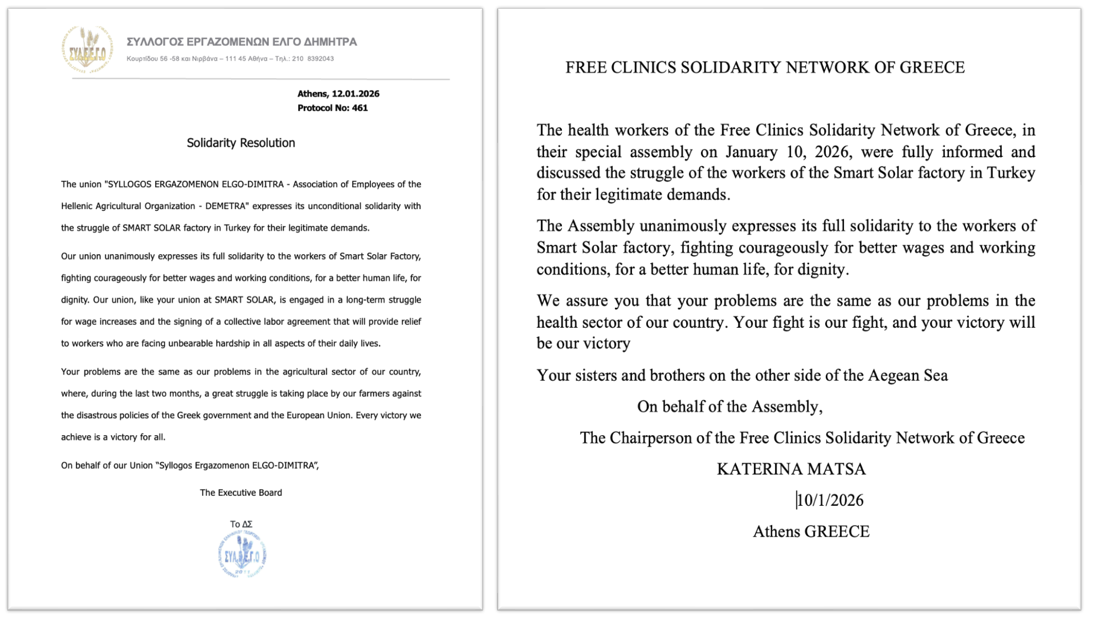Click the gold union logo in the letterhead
click(x=87, y=50)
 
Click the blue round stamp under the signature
click(x=242, y=554)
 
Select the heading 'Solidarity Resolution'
click(x=241, y=143)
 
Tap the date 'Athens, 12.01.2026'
click(x=338, y=94)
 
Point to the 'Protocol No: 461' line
click(x=332, y=108)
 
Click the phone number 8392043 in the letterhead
click(x=320, y=59)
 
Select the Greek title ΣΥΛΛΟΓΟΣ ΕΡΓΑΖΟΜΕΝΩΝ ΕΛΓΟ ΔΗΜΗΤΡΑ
click(x=242, y=42)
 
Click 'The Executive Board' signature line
click(x=241, y=493)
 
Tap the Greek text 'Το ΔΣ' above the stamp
click(x=241, y=524)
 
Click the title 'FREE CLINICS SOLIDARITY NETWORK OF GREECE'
click(x=765, y=67)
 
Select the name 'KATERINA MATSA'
click(x=791, y=469)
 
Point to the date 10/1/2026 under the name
click(x=831, y=500)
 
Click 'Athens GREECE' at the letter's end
click(x=811, y=531)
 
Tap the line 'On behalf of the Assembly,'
click(x=730, y=407)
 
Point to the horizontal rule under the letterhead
click(x=261, y=79)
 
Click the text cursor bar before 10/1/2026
click(x=796, y=500)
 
